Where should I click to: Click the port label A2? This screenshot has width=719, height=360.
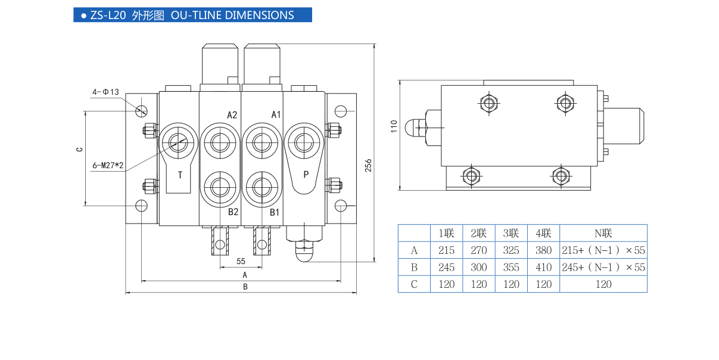[x=232, y=114]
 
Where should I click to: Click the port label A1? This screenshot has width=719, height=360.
[x=276, y=114]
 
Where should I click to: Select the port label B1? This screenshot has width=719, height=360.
[x=275, y=212]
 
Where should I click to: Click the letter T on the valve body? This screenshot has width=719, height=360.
[x=180, y=175]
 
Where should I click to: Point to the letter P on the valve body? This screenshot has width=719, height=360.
[x=306, y=175]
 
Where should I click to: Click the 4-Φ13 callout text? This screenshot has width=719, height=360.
[x=105, y=92]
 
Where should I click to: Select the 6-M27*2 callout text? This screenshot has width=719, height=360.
[x=108, y=165]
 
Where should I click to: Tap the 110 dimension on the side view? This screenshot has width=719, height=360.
[x=393, y=127]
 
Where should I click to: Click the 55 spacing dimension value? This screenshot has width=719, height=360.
[x=241, y=261]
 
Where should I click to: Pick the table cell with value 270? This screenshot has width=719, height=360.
[x=478, y=250]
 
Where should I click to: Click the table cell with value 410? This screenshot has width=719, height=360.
[x=543, y=268]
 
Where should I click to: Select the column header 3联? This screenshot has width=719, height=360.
[x=511, y=233]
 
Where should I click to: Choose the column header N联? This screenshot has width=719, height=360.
[x=603, y=233]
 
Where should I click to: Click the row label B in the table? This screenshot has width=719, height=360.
[x=414, y=268]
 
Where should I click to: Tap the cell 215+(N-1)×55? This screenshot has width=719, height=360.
[x=603, y=250]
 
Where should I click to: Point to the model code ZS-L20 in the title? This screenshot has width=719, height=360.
[x=108, y=15]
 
